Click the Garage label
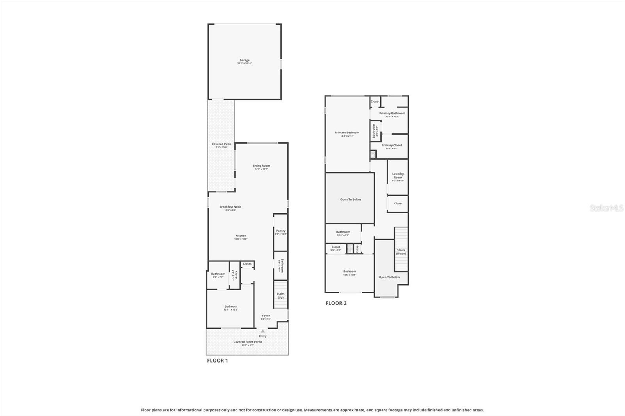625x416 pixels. pos(245,60)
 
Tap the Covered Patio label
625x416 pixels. pos(221,144)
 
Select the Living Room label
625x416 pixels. pos(261,166)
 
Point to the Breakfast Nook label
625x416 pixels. pos(230,207)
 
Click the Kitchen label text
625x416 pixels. pos(241,236)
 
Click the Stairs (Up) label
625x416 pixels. pos(280,295)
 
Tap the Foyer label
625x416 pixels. pos(266,316)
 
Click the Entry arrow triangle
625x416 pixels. pos(263,331)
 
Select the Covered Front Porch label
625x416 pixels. pos(248,342)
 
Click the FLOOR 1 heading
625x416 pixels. pos(217,361)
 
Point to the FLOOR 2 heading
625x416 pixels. pos(336,303)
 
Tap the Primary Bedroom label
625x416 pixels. pos(347,133)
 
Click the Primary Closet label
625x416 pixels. pos(391,145)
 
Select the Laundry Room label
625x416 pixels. pos(398,176)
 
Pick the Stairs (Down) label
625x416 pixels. pos(401,252)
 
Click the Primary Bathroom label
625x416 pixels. pos(392,114)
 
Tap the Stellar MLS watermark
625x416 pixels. pos(606,208)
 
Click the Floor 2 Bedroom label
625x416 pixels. pos(350,272)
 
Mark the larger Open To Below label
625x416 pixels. pos(350,199)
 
